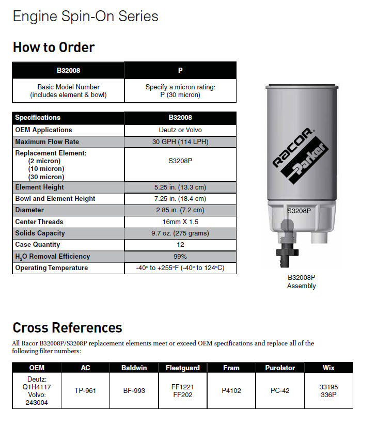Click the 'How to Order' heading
(x=54, y=48)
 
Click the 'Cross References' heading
(x=67, y=327)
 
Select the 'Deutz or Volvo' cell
(x=180, y=130)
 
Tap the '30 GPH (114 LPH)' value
(x=180, y=141)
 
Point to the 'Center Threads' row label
(x=39, y=222)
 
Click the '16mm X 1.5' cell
(x=180, y=222)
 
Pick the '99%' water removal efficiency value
(x=180, y=257)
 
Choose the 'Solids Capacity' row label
(x=40, y=233)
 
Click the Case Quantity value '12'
(x=180, y=245)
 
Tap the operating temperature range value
(x=180, y=268)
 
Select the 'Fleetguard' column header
(x=182, y=368)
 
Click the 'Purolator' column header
(x=280, y=368)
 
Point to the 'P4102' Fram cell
(x=231, y=390)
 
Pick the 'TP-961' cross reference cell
(x=85, y=390)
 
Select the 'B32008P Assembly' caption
(x=301, y=281)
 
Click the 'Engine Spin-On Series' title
(x=85, y=16)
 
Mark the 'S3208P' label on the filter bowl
(x=299, y=211)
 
